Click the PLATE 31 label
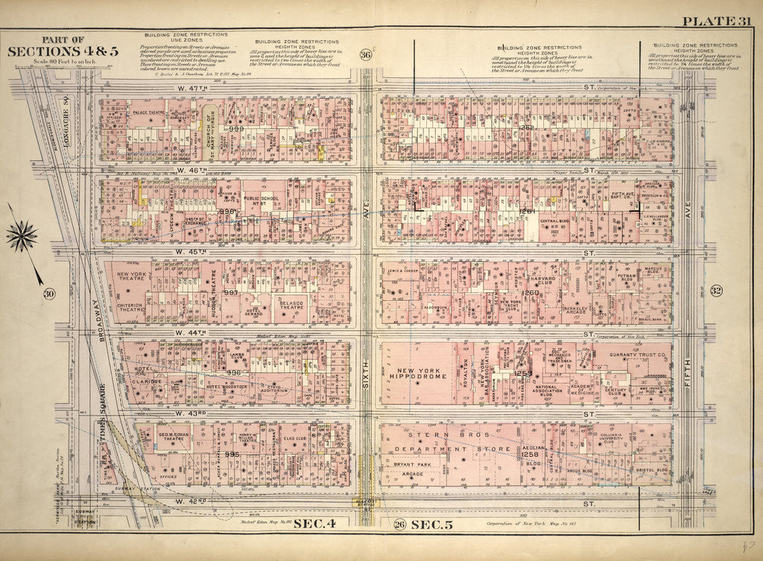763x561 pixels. (719, 19)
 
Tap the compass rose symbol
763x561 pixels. (22, 236)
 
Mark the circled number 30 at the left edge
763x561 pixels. (49, 294)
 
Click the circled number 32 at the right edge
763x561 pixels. (715, 291)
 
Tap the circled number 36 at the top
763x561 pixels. (365, 54)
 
